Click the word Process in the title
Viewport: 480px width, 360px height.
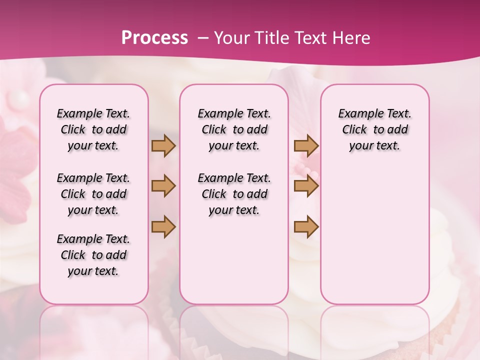coord(154,38)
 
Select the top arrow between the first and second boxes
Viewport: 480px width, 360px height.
coord(163,146)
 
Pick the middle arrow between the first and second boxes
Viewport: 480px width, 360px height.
coord(163,186)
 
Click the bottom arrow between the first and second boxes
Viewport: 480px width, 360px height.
coord(163,227)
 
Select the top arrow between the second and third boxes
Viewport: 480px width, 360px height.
coord(306,146)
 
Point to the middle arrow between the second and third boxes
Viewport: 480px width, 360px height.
coord(306,186)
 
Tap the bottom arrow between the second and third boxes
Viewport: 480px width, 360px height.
coord(306,227)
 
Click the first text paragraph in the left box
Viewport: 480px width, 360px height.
coord(93,129)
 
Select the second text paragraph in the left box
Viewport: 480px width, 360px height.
coord(93,194)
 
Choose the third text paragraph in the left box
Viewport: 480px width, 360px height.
coord(93,255)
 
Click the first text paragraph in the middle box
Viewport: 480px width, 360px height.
coord(234,129)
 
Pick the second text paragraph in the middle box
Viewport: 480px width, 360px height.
coord(234,194)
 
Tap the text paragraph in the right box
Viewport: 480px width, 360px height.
coord(374,129)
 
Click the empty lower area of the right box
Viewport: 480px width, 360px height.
coord(374,235)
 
